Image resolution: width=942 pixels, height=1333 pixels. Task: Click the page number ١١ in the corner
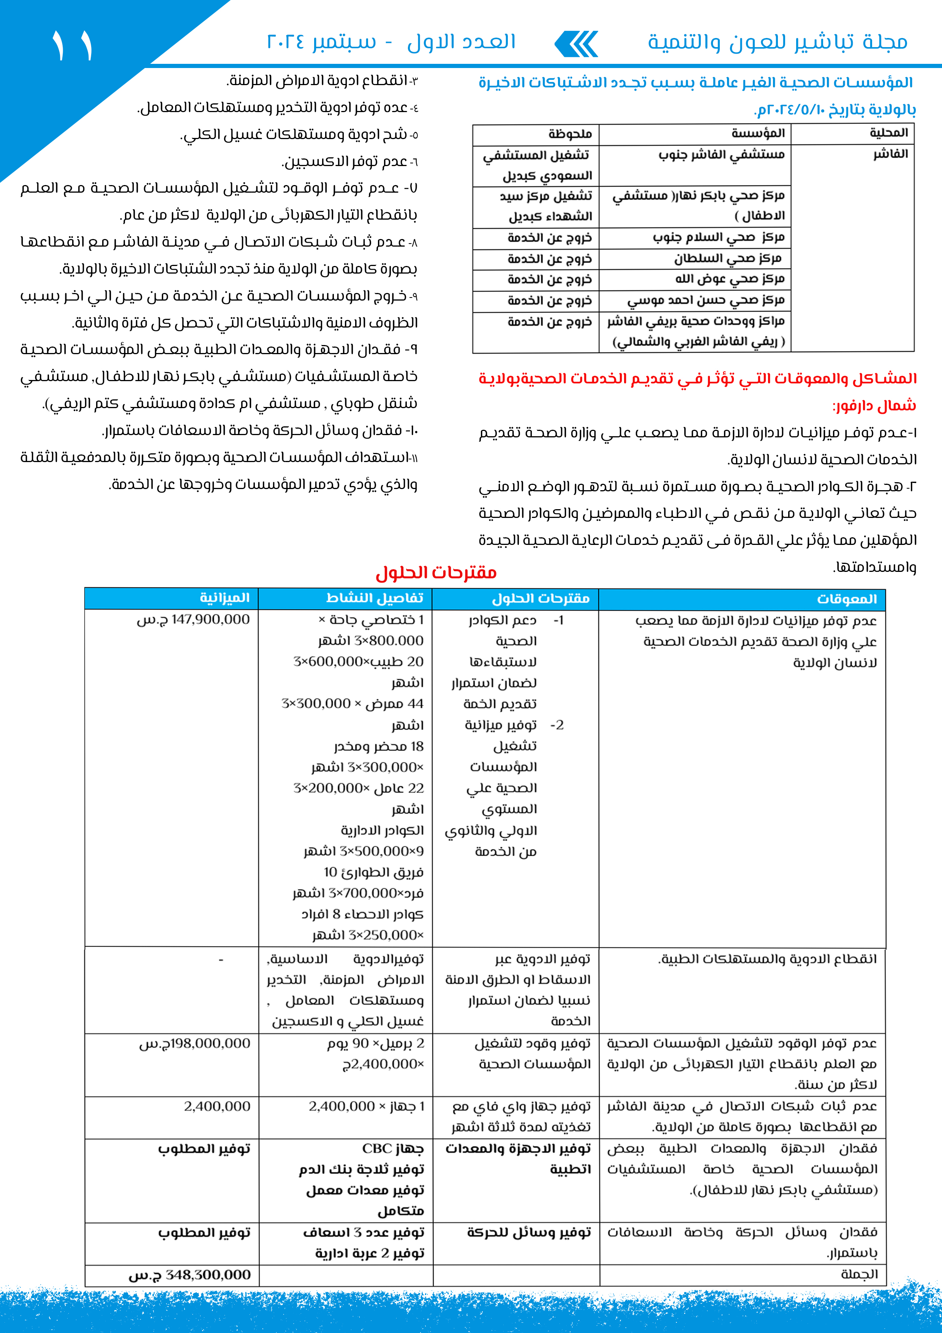(x=73, y=45)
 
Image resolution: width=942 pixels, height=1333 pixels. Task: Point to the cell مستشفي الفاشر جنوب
(x=721, y=154)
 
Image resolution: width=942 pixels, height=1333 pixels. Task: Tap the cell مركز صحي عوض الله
(x=730, y=279)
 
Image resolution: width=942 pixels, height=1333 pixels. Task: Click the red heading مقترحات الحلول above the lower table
(x=436, y=573)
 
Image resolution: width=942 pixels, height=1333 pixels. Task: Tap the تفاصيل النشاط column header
(x=375, y=598)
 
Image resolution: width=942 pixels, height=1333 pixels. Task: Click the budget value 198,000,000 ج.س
(x=194, y=1043)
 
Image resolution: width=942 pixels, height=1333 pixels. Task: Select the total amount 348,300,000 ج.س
(x=190, y=1275)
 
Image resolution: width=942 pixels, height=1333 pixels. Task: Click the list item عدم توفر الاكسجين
(x=350, y=162)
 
